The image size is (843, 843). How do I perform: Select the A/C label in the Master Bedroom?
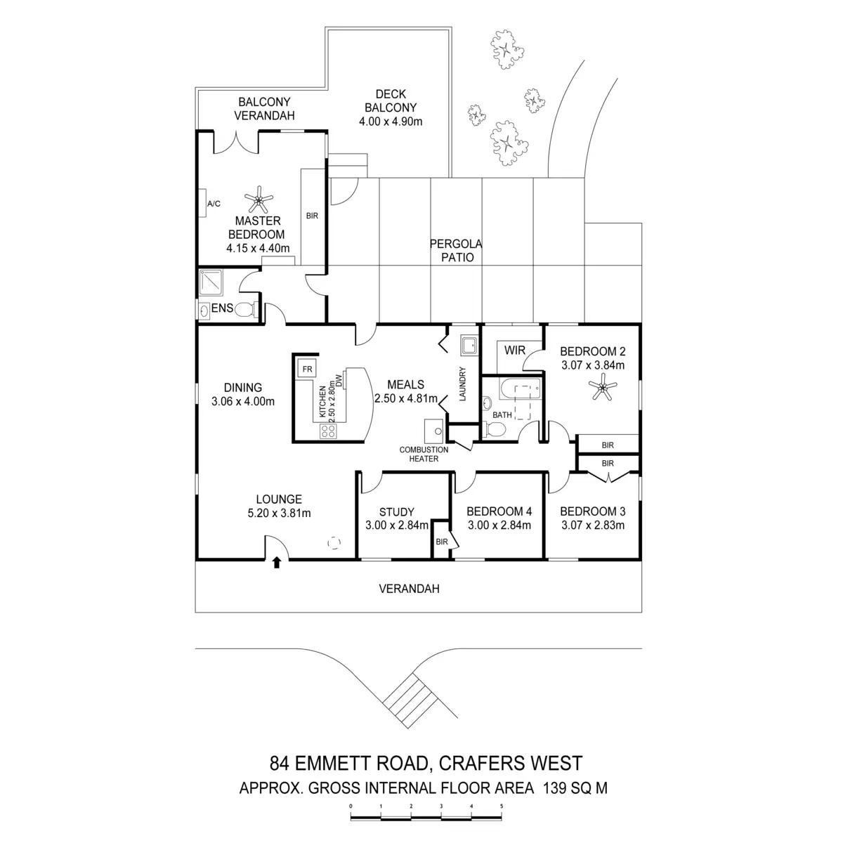pyautogui.click(x=214, y=204)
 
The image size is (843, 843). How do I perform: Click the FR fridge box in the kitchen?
pyautogui.click(x=306, y=368)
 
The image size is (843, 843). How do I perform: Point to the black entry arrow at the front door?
pyautogui.click(x=277, y=562)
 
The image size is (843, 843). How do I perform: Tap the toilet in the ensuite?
pyautogui.click(x=243, y=309)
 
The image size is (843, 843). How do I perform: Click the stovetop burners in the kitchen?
pyautogui.click(x=328, y=431)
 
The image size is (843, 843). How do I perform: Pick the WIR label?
pyautogui.click(x=515, y=351)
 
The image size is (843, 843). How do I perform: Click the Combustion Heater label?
pyautogui.click(x=424, y=454)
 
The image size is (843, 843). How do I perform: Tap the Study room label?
pyautogui.click(x=396, y=512)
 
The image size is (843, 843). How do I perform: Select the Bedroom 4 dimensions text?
pyautogui.click(x=499, y=525)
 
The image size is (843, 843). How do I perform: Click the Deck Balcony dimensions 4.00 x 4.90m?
pyautogui.click(x=391, y=121)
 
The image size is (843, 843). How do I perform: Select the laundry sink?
pyautogui.click(x=469, y=344)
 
